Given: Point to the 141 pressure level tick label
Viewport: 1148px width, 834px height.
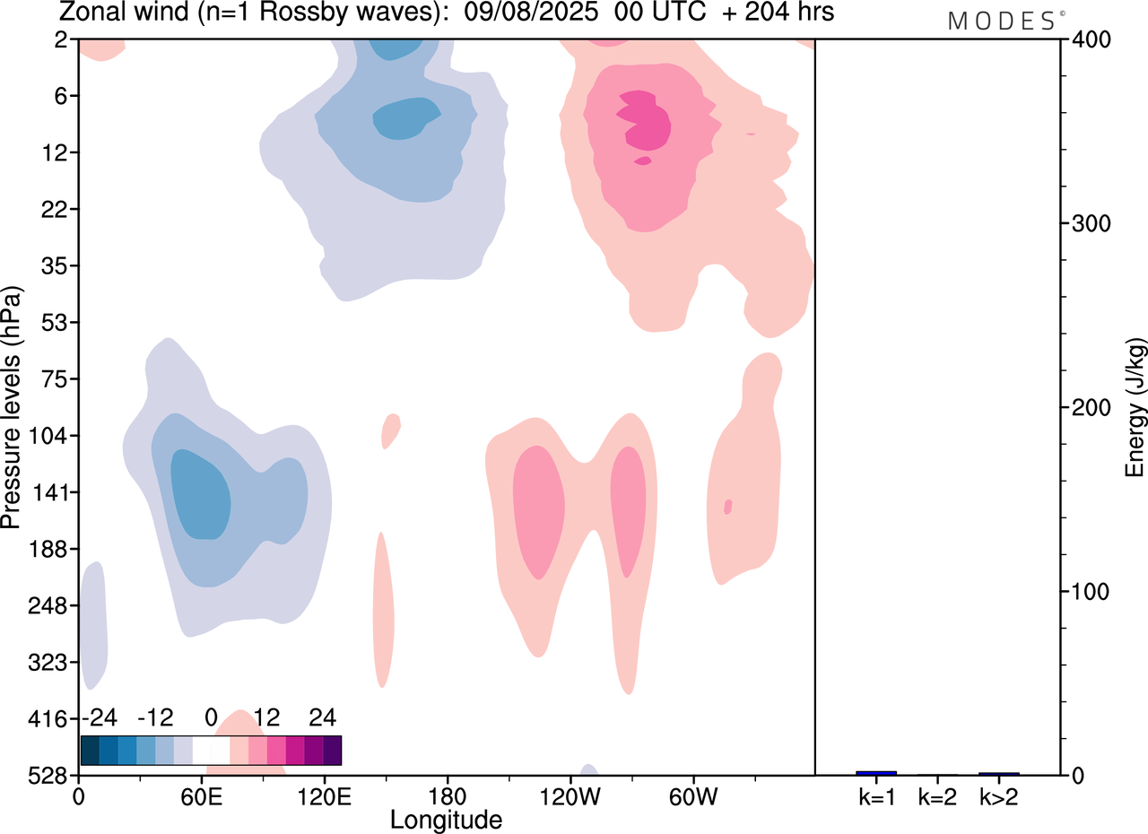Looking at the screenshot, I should [55, 492].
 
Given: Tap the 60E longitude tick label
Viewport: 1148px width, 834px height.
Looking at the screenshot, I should [201, 795].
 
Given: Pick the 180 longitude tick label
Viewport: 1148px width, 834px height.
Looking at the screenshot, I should [447, 795].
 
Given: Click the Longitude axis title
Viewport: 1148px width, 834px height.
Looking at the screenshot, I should [446, 819].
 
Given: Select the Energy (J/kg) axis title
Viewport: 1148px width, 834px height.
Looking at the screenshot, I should [1135, 408].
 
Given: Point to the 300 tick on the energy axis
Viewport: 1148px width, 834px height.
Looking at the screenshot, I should [1087, 223].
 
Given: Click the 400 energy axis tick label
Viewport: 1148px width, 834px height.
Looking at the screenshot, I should [1087, 39].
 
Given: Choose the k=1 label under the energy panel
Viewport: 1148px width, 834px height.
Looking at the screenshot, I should [876, 795].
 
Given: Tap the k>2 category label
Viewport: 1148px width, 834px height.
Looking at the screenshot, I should [998, 795].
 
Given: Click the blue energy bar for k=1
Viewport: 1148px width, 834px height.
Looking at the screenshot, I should [876, 773].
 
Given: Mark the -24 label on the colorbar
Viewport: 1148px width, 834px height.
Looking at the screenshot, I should [100, 717].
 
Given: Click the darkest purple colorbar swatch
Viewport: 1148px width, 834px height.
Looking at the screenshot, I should [332, 750].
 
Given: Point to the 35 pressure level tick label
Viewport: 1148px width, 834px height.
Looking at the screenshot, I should [60, 266].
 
